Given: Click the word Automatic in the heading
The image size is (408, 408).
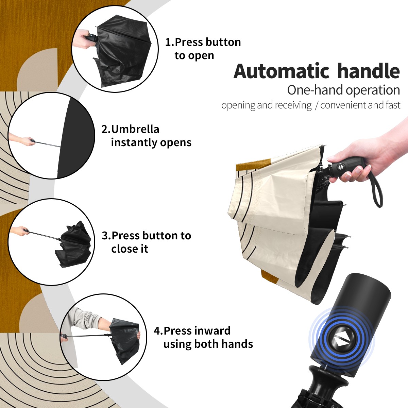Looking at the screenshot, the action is coord(282,71).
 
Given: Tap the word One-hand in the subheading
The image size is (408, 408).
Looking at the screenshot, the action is coord(315,90).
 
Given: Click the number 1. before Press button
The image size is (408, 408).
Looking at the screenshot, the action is coord(169,42).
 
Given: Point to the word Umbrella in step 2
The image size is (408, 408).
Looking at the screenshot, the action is coord(135,129).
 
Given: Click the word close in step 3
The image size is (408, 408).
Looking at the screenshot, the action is coord(122,249).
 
